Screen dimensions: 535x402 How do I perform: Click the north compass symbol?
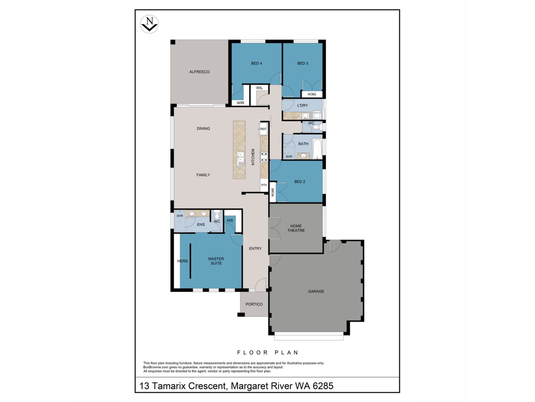[x=149, y=24]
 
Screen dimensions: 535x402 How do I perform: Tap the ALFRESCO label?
[x=199, y=72]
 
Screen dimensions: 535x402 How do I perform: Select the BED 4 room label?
[x=256, y=63]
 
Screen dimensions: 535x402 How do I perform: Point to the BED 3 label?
[x=303, y=63]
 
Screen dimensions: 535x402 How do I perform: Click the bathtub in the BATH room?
[x=317, y=148]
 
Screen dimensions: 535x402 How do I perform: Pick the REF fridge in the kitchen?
[x=263, y=129]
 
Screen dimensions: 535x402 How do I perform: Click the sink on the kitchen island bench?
[x=240, y=159]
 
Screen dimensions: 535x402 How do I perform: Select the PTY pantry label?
[x=264, y=185]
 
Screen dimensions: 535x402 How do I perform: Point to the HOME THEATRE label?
[x=296, y=228]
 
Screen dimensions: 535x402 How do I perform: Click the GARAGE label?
[x=316, y=291]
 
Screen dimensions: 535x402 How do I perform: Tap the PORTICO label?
[x=254, y=304]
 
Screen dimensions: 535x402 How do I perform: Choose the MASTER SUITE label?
[x=216, y=261]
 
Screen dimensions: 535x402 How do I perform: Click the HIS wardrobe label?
[x=230, y=220]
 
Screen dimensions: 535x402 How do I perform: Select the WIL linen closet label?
[x=259, y=88]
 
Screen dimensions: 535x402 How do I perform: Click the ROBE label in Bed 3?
[x=312, y=94]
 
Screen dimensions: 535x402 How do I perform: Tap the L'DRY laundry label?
[x=303, y=105]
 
